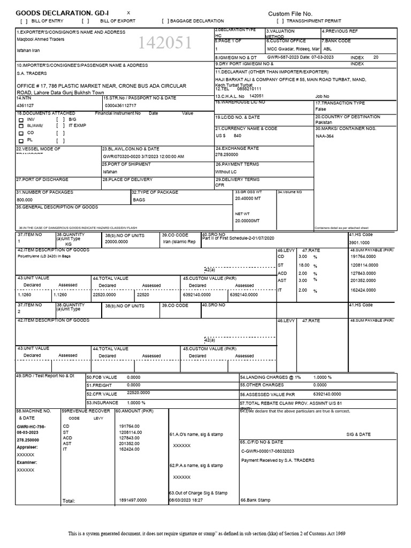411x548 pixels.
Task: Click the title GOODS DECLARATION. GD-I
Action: point(62,13)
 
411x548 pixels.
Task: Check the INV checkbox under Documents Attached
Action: point(21,120)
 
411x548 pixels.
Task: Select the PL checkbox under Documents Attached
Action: point(21,141)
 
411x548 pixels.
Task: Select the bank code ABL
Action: point(326,48)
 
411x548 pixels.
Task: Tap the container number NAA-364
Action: point(325,136)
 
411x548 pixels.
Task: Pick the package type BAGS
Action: point(139,200)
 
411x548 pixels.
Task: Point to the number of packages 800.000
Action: point(25,200)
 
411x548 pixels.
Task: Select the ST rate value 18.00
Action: point(303,265)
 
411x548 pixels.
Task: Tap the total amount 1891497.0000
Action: point(133,500)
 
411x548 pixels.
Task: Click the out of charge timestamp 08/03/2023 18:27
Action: point(186,500)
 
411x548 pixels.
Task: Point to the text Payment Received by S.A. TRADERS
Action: point(278,460)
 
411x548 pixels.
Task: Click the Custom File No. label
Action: point(290,13)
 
